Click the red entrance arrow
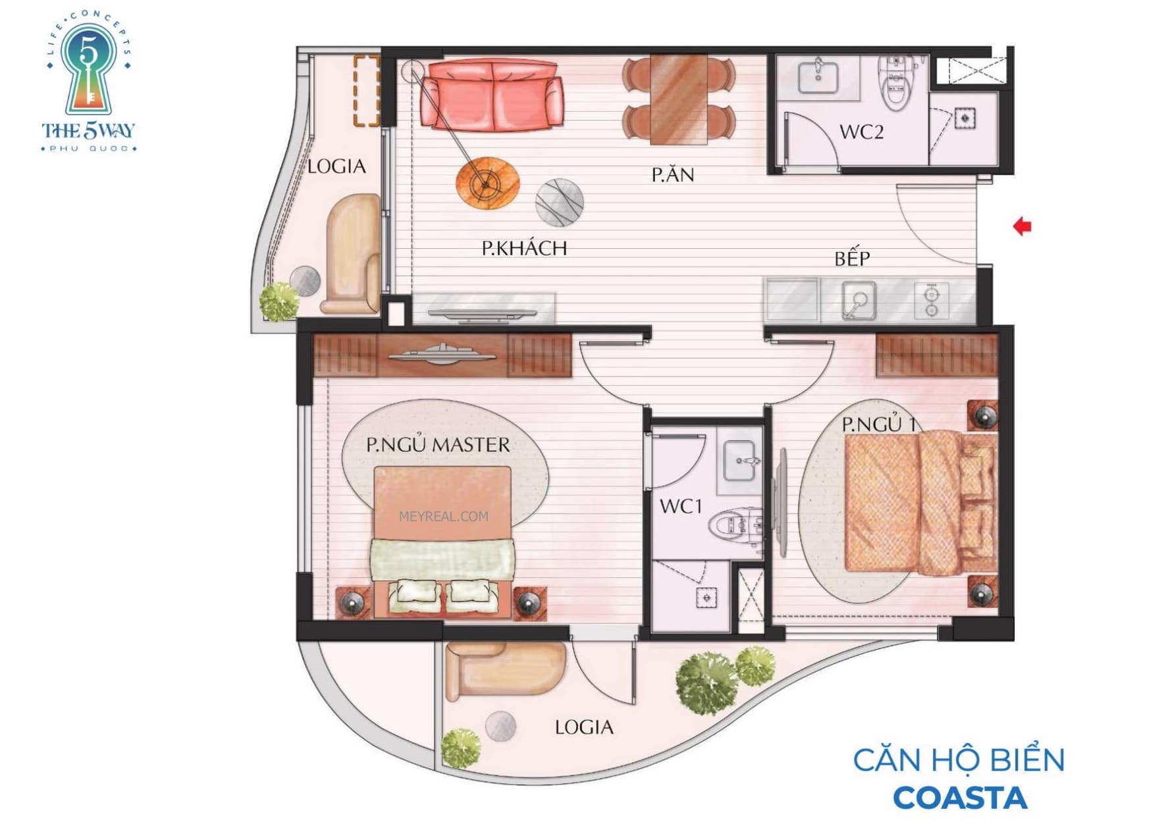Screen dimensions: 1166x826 [1022, 226]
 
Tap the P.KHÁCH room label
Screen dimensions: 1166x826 [524, 248]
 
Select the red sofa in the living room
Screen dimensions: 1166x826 [491, 95]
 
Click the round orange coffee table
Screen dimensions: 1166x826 [487, 182]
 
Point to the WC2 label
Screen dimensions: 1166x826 [861, 132]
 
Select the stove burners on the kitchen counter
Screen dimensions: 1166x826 [931, 301]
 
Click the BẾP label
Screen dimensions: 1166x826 [852, 257]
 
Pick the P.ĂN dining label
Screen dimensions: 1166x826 [673, 174]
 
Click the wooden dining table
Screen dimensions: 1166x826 [678, 99]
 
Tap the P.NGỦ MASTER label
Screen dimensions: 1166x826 [438, 444]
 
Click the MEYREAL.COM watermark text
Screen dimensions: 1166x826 [444, 517]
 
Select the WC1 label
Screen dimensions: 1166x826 [681, 506]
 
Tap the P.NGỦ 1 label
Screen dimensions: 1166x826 [879, 425]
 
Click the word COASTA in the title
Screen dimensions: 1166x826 [960, 798]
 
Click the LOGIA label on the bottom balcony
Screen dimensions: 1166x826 [584, 727]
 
